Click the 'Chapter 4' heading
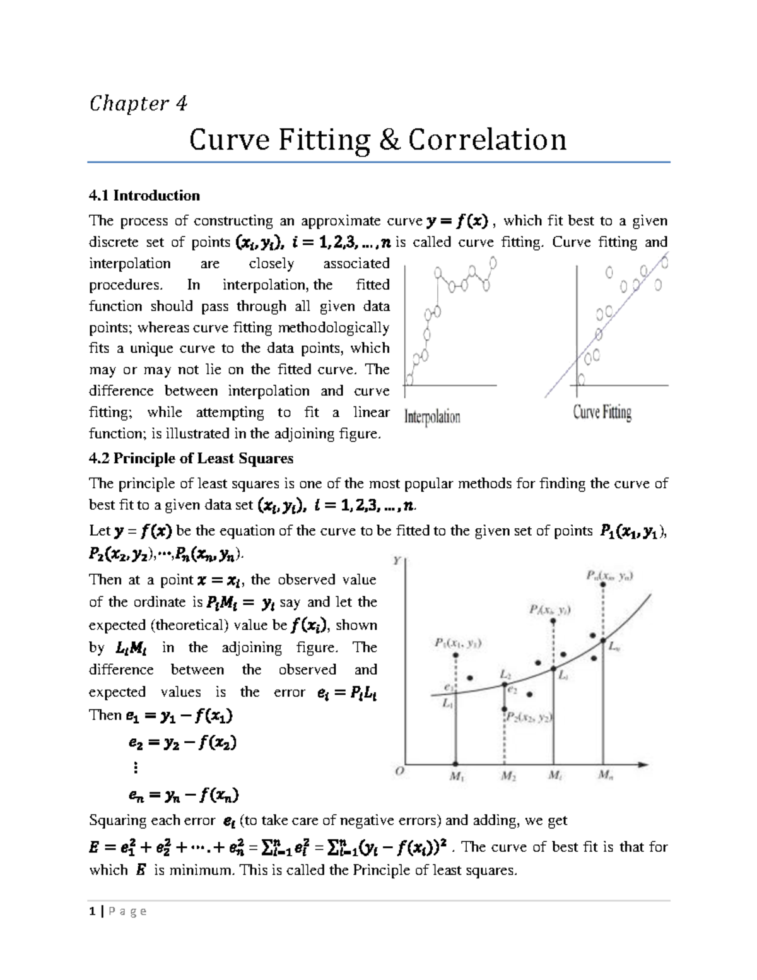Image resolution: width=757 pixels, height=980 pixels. tap(138, 103)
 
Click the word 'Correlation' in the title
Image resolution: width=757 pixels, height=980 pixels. tap(487, 139)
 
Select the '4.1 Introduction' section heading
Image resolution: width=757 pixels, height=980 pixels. tap(144, 196)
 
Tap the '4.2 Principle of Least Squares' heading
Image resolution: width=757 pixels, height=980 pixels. tap(191, 458)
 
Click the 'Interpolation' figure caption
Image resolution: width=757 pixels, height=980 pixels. tap(432, 416)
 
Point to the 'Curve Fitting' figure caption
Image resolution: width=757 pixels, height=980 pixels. tap(602, 413)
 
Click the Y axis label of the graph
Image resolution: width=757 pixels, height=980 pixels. tap(397, 560)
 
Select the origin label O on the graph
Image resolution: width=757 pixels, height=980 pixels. tap(399, 770)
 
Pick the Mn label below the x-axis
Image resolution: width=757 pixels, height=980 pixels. tap(606, 776)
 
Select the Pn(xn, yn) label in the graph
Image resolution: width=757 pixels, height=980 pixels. tap(610, 576)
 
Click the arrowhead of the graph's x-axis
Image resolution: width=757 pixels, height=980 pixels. tap(643, 765)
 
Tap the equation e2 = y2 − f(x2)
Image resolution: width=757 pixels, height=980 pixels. tap(182, 743)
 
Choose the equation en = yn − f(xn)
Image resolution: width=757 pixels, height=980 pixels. tap(183, 796)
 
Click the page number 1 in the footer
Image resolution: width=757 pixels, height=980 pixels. tap(92, 911)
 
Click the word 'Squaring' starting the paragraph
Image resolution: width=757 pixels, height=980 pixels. tap(116, 820)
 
